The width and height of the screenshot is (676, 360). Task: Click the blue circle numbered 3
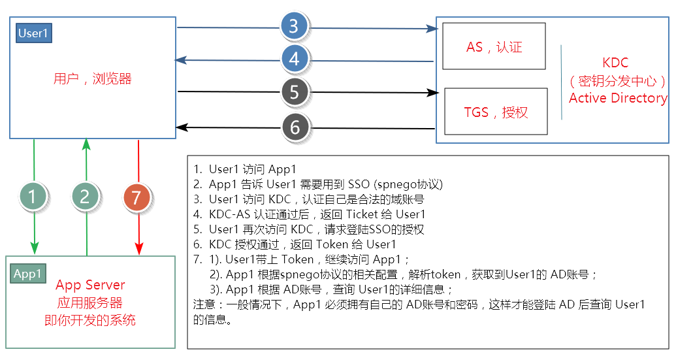(x=294, y=26)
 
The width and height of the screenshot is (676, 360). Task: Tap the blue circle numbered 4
(x=294, y=59)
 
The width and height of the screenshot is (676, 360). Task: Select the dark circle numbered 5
(x=295, y=92)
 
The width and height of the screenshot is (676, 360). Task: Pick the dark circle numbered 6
(x=295, y=127)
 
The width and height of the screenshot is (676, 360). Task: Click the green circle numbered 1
(x=33, y=195)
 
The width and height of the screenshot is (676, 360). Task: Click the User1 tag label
(x=33, y=33)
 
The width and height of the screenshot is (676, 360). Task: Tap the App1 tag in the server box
(x=28, y=274)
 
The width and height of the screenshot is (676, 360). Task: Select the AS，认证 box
(x=494, y=46)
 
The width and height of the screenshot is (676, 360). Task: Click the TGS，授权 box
(x=496, y=112)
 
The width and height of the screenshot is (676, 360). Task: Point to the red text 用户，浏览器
(x=92, y=79)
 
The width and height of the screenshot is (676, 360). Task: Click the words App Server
(x=90, y=286)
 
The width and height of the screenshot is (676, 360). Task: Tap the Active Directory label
(x=618, y=98)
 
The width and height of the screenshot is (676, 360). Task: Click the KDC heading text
(x=615, y=63)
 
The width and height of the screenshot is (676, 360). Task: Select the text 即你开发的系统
(x=90, y=320)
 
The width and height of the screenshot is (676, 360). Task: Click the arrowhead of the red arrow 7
(x=138, y=249)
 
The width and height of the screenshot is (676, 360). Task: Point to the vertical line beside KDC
(x=561, y=82)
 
